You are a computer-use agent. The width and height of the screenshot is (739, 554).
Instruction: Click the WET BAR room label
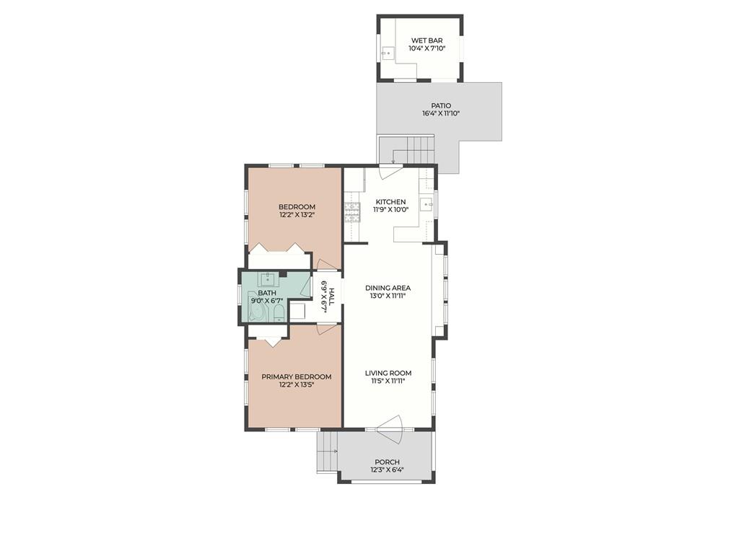pos(426,40)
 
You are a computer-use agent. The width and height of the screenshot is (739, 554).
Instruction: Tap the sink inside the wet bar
pos(387,53)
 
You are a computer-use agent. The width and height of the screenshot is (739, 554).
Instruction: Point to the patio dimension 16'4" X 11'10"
pos(441,114)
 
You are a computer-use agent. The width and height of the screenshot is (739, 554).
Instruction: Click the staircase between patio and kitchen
pos(412,151)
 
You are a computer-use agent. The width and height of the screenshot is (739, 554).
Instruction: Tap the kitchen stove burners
pos(352,210)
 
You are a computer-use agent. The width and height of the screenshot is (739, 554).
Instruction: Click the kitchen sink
pos(427,204)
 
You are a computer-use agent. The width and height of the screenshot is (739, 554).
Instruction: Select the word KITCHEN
pos(390,202)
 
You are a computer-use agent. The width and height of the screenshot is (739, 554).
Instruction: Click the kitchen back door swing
pos(390,172)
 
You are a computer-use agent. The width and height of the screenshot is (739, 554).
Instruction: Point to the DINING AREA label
pos(388,288)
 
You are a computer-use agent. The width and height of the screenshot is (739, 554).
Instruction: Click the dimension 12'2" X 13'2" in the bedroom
pos(297,215)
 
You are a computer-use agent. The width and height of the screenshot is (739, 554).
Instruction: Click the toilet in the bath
pos(278,312)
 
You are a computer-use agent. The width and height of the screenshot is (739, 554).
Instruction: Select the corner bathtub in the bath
pos(257,312)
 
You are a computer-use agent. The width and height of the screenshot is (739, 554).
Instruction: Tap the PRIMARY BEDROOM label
pos(296,377)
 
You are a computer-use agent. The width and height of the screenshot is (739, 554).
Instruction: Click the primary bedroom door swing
pos(326,329)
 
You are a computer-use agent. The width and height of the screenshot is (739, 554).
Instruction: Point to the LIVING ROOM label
pos(388,373)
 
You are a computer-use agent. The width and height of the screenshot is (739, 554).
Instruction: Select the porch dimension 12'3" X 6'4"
pos(387,470)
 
